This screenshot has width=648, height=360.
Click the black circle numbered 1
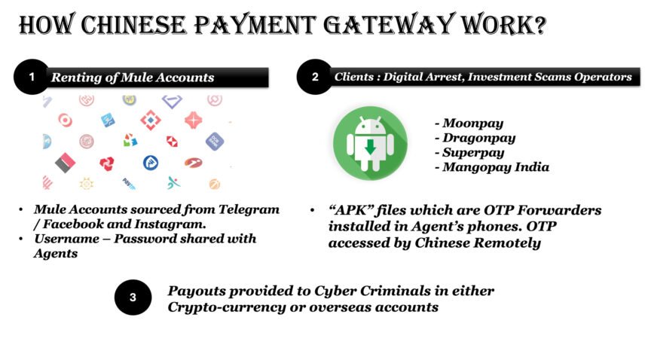click(x=32, y=77)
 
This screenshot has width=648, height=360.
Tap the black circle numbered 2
click(x=315, y=77)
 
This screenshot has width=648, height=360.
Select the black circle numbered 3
click(x=133, y=297)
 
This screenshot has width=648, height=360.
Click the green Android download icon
click(x=370, y=143)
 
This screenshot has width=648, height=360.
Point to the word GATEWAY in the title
click(x=389, y=24)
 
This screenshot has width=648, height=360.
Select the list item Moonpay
click(x=469, y=124)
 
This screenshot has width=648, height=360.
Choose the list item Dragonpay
click(x=475, y=139)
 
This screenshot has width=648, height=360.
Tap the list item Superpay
click(x=469, y=153)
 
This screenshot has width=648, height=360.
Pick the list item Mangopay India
click(x=492, y=167)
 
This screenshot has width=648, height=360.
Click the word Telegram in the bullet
click(x=249, y=209)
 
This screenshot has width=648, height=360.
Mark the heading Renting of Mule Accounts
click(x=133, y=78)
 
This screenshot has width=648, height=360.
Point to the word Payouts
click(x=197, y=291)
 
